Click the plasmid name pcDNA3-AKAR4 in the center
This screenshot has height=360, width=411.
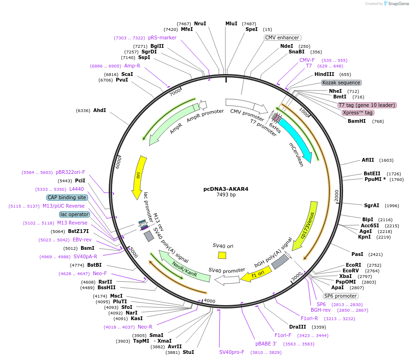(226, 189)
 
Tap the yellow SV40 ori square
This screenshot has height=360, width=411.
(222, 255)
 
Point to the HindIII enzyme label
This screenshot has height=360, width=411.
(324, 74)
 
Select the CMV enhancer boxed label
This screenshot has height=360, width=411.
(282, 37)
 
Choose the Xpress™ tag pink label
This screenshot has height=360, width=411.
(358, 112)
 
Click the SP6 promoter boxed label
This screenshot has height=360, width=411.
(341, 296)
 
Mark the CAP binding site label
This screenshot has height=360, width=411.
(67, 197)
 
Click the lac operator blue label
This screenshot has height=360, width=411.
(74, 214)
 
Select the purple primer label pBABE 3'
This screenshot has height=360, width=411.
(266, 344)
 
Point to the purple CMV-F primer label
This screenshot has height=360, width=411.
(307, 60)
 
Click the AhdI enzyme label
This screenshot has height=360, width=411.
(99, 111)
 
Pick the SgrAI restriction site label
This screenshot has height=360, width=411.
(372, 205)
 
